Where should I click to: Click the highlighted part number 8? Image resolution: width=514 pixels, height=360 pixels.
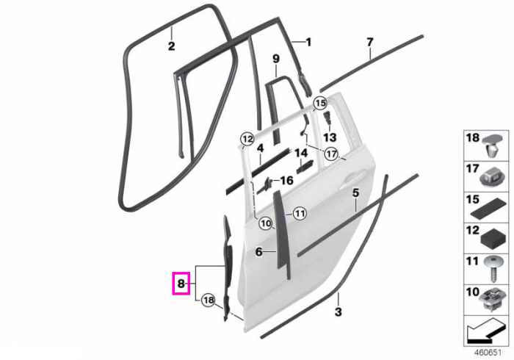click(x=181, y=284)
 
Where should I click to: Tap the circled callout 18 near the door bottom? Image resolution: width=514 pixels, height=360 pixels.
click(x=209, y=300)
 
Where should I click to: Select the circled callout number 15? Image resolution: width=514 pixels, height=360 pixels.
click(x=320, y=104)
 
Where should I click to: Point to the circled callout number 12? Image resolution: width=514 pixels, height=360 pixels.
click(x=247, y=139)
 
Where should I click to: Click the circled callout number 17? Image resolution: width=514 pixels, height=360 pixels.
click(x=331, y=153)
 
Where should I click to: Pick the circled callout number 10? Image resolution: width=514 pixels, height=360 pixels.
click(x=266, y=224)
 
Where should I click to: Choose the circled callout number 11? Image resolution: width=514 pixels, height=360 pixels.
click(x=300, y=214)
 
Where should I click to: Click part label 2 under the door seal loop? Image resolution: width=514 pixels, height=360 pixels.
click(x=171, y=46)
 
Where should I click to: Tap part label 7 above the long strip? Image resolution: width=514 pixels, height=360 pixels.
click(x=370, y=43)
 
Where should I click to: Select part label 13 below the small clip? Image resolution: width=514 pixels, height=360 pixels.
click(x=330, y=137)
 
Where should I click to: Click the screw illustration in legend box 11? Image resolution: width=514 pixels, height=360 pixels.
click(x=492, y=269)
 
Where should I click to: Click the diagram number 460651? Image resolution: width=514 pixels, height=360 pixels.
click(x=488, y=353)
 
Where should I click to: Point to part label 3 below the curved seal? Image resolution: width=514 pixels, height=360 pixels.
click(x=338, y=312)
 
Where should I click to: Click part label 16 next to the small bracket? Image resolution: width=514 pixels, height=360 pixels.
click(x=287, y=180)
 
